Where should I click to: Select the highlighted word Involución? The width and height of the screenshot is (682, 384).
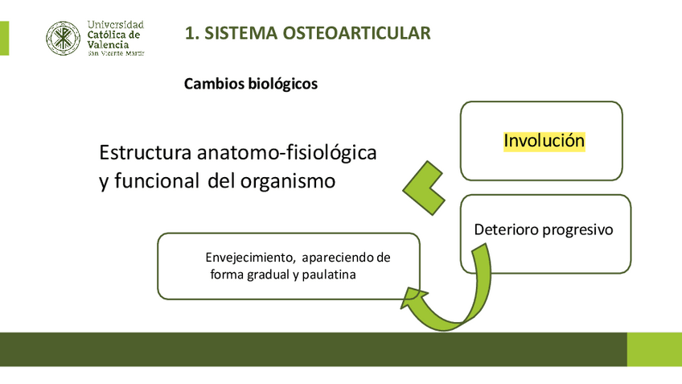[544, 141]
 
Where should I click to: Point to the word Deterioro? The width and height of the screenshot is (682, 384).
[504, 229]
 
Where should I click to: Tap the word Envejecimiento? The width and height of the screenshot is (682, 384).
[247, 258]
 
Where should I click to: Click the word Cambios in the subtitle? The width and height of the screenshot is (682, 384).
[211, 84]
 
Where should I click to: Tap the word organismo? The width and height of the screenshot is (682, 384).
[287, 181]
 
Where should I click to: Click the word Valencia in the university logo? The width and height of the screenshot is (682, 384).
[107, 45]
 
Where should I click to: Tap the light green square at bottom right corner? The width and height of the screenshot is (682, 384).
[654, 349]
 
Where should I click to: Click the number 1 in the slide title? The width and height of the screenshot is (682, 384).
[190, 33]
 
